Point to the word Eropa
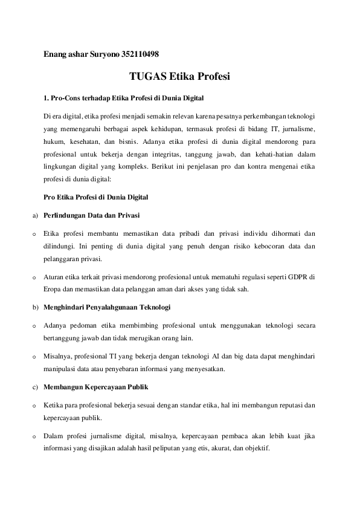(x=54, y=289)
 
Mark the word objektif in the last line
(x=257, y=449)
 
